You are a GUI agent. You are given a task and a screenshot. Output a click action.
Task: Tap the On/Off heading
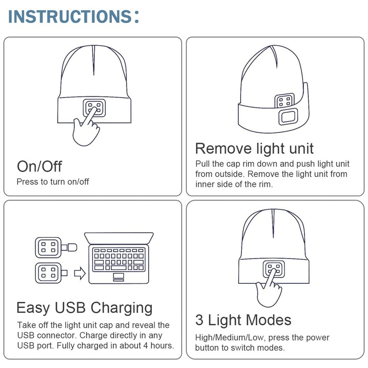pyautogui.click(x=39, y=166)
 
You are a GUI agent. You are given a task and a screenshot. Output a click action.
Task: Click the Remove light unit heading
pyautogui.click(x=254, y=148)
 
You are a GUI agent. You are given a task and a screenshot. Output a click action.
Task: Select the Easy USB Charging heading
pyautogui.click(x=84, y=307)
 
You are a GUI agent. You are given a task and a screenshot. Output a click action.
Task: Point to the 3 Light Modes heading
pyautogui.click(x=243, y=320)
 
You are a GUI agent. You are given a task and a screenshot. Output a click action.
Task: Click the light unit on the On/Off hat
pyautogui.click(x=94, y=108)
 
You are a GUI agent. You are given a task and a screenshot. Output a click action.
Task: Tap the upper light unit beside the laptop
pyautogui.click(x=48, y=247)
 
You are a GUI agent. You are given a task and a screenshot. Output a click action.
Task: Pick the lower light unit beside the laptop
pyautogui.click(x=48, y=273)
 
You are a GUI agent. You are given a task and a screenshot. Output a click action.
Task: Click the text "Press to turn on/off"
pyautogui.click(x=53, y=181)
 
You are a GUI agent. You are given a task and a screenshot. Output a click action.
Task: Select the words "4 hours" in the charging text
pyautogui.click(x=157, y=345)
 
